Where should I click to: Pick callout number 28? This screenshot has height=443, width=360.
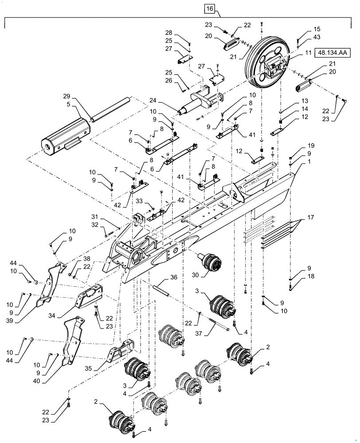coord(170,33)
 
